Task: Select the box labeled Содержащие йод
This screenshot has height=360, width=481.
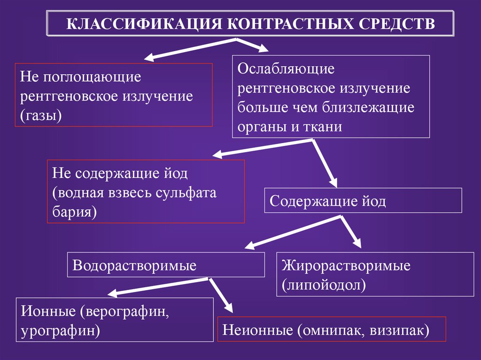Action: (x=363, y=200)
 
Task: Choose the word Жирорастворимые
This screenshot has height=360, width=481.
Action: (x=346, y=265)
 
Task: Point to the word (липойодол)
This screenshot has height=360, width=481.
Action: (x=324, y=284)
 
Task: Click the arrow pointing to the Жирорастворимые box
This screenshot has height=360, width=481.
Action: (x=350, y=232)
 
